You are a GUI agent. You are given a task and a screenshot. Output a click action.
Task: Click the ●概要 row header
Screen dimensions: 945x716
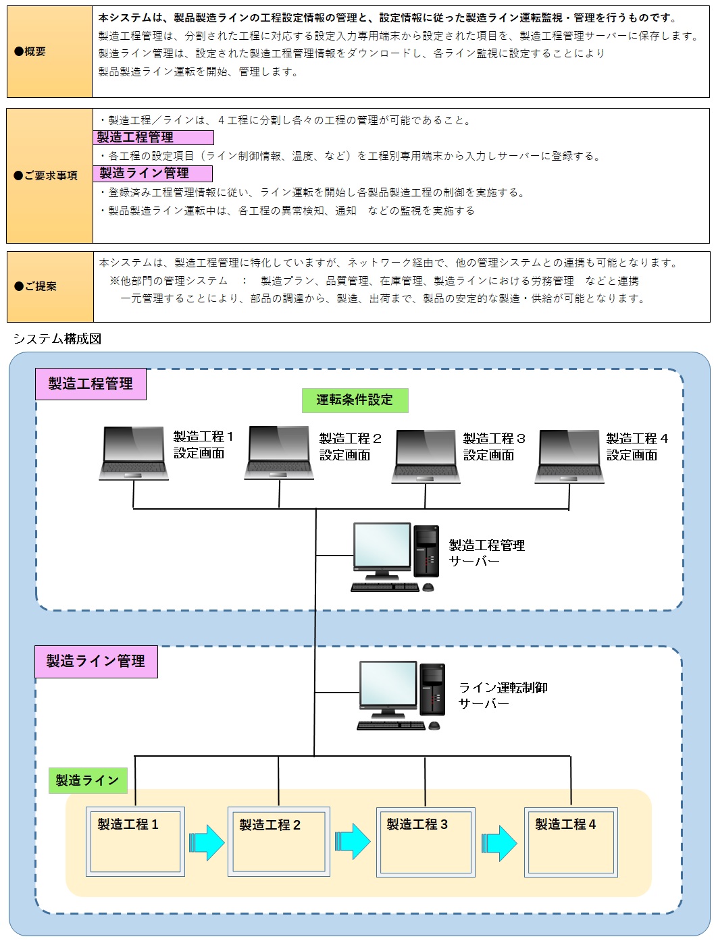coord(49,52)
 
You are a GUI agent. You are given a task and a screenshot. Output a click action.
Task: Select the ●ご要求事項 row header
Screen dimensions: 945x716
coord(49,175)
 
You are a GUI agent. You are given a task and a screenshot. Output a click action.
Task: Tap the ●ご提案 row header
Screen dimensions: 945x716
coord(49,286)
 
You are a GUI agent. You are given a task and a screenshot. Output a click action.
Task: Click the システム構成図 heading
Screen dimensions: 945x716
coord(57,339)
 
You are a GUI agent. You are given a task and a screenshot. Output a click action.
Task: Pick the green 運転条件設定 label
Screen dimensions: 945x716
coord(355,400)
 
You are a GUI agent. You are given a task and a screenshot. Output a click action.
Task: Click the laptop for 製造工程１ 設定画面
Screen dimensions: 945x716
coord(134,453)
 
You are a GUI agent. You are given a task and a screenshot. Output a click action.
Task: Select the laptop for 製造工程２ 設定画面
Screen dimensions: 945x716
coord(279,453)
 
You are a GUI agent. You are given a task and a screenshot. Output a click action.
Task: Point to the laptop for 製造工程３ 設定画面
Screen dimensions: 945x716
coord(426,456)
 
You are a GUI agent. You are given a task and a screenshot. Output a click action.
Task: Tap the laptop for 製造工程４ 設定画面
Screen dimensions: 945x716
coord(569,456)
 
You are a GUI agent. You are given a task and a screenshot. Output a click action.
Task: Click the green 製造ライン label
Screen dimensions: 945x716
coord(88,781)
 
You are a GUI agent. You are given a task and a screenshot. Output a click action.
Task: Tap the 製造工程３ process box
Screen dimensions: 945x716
coord(425,842)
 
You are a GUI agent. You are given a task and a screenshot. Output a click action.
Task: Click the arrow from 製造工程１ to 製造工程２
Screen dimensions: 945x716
coord(207,842)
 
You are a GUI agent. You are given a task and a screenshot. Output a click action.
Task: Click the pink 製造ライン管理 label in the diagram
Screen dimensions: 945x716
coord(96,661)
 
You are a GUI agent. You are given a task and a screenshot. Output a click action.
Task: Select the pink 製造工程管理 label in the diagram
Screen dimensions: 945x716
coord(91,384)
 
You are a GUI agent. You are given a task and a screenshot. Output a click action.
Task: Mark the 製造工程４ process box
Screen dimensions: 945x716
coord(571,842)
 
